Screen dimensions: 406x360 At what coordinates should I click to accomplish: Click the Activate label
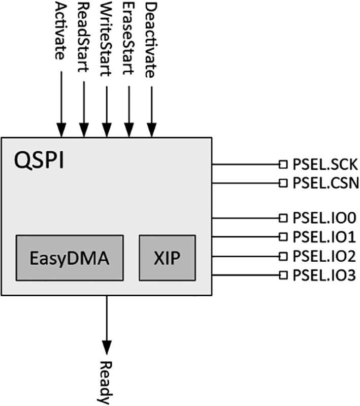point(60,31)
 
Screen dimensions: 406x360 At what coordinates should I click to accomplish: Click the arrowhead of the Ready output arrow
point(106,347)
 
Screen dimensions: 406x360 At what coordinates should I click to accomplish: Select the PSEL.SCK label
point(325,164)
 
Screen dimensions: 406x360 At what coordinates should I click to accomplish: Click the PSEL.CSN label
point(325,182)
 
